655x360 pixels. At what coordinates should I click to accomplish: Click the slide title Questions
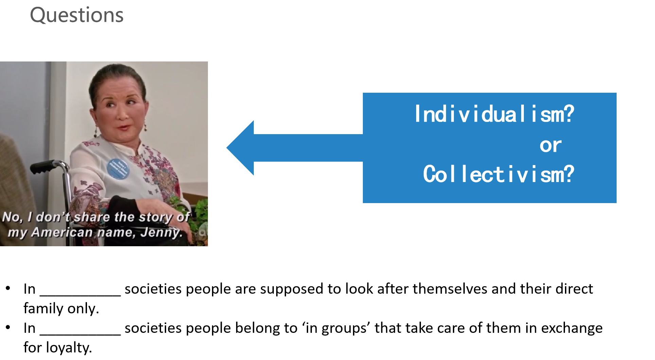(x=77, y=15)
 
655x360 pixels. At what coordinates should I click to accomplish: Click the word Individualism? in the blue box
(x=494, y=114)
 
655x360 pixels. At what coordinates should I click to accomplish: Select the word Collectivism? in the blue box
(x=498, y=174)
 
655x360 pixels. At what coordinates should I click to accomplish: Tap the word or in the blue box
(x=550, y=145)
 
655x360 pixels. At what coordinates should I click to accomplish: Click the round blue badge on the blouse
(x=118, y=168)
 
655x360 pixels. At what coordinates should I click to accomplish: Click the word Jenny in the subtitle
(x=161, y=232)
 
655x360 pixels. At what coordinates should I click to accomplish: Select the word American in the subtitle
(x=62, y=232)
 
